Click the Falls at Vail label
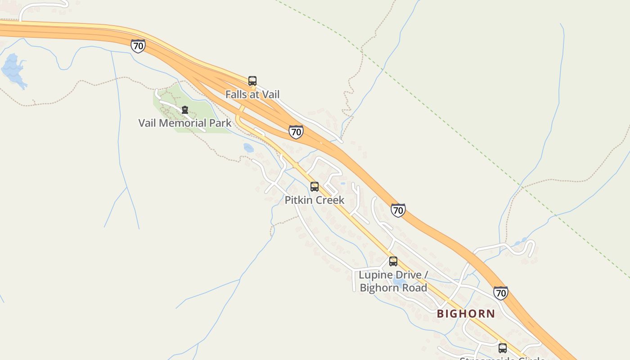[x=252, y=94]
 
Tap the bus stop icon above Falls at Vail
[x=252, y=81]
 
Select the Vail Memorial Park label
[x=184, y=123]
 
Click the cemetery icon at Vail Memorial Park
[x=184, y=110]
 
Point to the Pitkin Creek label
[x=314, y=200]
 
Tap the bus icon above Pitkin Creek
[x=315, y=187]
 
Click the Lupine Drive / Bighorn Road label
[x=393, y=281]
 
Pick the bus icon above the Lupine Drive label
[x=393, y=261]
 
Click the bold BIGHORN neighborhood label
[x=466, y=314]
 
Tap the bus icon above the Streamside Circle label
[x=503, y=348]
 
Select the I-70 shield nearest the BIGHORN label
[x=500, y=293]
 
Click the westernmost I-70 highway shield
[x=138, y=46]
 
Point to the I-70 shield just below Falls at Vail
[x=296, y=132]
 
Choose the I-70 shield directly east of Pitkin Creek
[x=398, y=210]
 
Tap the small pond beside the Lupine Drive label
[x=398, y=282]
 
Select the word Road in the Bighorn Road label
[x=414, y=288]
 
